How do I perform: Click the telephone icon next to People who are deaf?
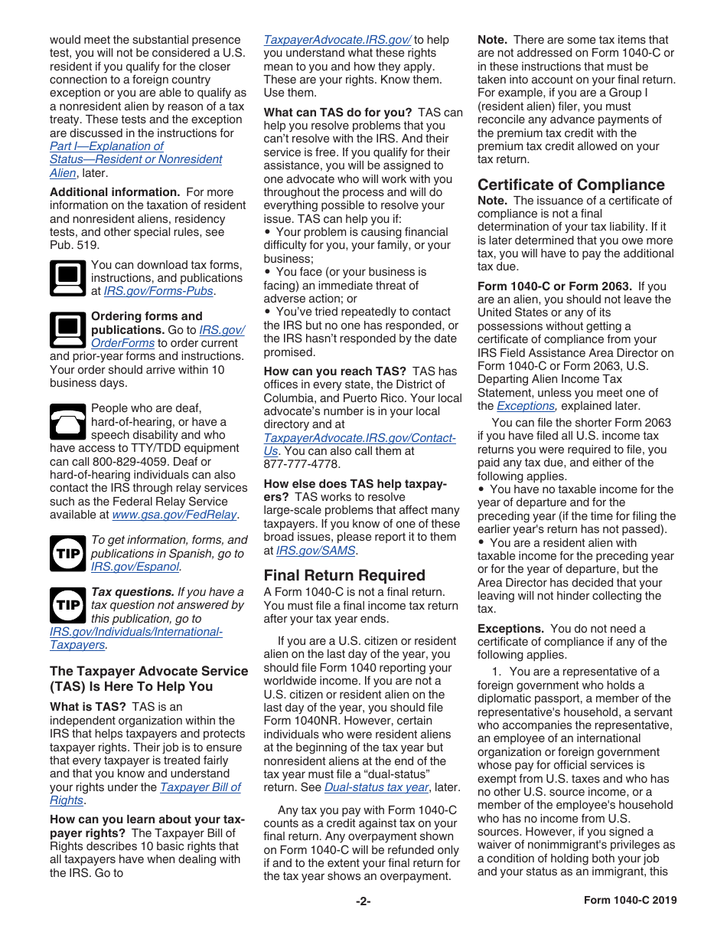[67, 422]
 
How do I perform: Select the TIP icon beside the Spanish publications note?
[67, 553]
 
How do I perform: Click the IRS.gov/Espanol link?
[135, 567]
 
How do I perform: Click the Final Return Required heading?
[344, 575]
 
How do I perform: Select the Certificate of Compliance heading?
[571, 185]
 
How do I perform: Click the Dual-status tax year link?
[376, 787]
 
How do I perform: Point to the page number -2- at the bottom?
[363, 901]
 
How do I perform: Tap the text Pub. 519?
[74, 245]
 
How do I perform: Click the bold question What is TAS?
[88, 707]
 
